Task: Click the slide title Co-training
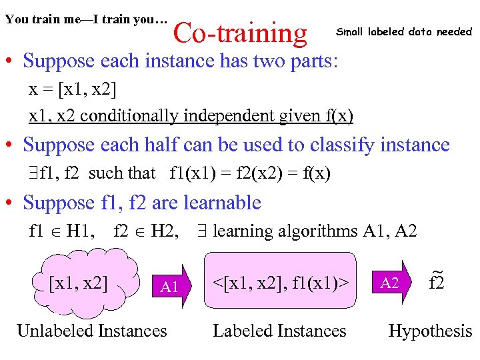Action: pos(240,32)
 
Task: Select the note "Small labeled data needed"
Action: pos(403,31)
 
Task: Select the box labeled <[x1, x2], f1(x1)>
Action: pos(280,282)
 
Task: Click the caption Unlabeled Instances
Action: pos(91,331)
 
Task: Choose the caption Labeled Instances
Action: pos(279,331)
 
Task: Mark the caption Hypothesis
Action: pos(430,331)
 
